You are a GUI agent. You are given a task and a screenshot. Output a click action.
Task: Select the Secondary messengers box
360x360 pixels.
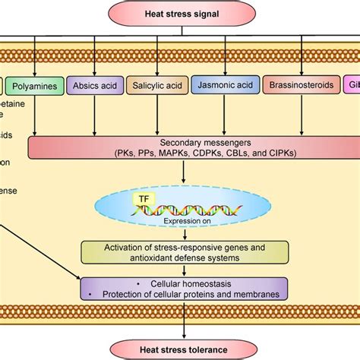point(182,146)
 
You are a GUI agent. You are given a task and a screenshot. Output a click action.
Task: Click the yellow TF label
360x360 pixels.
point(144,198)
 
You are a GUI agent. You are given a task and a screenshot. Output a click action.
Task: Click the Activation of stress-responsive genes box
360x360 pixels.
point(185,251)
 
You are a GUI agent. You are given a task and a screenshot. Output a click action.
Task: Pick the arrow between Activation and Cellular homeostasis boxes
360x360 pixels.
point(182,270)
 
